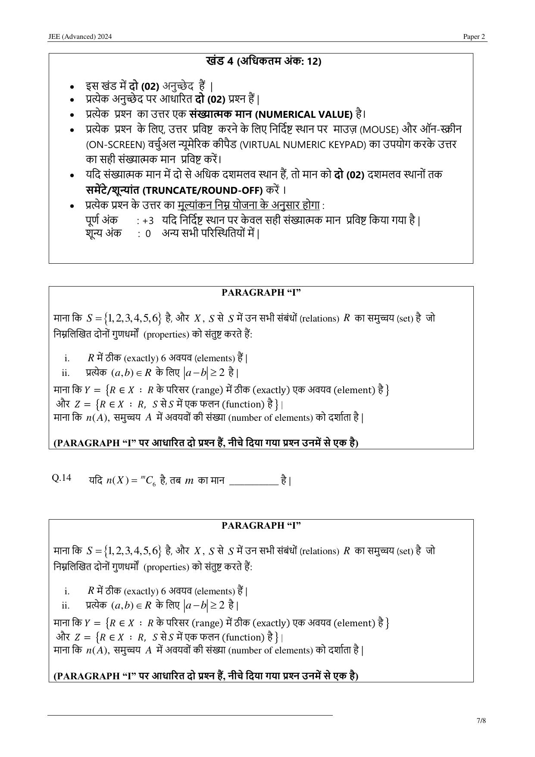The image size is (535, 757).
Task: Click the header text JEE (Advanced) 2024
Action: pyautogui.click(x=80, y=37)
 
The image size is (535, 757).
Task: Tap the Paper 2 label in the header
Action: pyautogui.click(x=474, y=37)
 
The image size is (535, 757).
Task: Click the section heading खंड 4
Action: pyautogui.click(x=220, y=61)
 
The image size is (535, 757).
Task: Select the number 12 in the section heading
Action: pyautogui.click(x=313, y=61)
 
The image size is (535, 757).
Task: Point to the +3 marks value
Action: pyautogui.click(x=148, y=221)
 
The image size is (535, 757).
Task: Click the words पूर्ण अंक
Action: pyautogui.click(x=102, y=220)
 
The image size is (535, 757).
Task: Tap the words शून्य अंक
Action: pyautogui.click(x=103, y=233)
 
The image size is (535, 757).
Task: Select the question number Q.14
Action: pyautogui.click(x=61, y=478)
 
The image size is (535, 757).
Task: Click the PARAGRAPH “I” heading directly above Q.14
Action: pyautogui.click(x=261, y=293)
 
